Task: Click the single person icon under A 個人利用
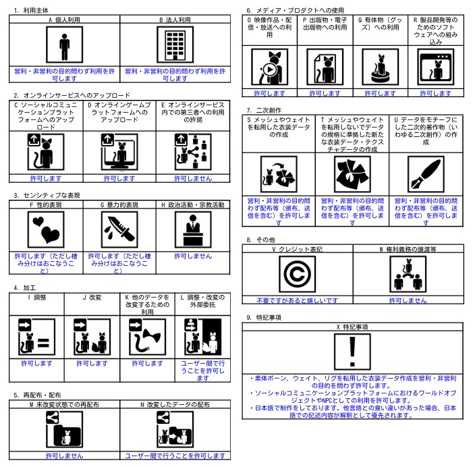(x=64, y=45)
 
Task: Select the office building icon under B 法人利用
(x=175, y=45)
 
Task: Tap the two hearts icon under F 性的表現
(x=46, y=229)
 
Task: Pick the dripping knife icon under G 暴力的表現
(x=119, y=229)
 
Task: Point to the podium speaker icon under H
(x=193, y=229)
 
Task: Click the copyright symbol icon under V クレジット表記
(x=297, y=274)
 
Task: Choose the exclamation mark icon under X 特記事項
(x=352, y=352)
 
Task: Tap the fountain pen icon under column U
(x=426, y=174)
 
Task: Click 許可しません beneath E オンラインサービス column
(x=193, y=178)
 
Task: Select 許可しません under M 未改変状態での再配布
(x=64, y=456)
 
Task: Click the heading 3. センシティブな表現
(x=47, y=195)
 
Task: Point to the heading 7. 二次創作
(x=264, y=110)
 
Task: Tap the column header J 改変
(x=92, y=298)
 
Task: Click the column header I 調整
(x=37, y=298)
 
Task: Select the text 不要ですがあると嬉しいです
(x=297, y=300)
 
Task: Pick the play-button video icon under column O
(x=270, y=67)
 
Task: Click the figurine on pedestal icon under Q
(x=380, y=67)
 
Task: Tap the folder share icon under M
(x=64, y=429)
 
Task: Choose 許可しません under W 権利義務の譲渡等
(x=408, y=300)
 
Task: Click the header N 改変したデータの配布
(x=175, y=404)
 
